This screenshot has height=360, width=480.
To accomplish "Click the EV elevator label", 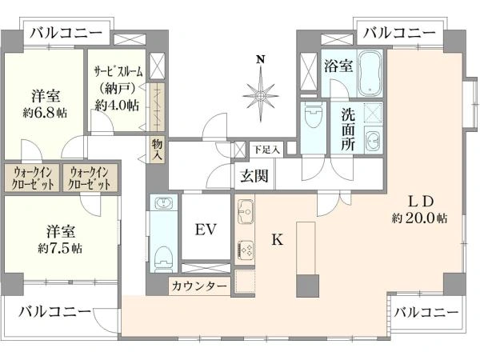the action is (x=206, y=230).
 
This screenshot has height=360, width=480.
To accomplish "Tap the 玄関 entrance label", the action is (x=254, y=176).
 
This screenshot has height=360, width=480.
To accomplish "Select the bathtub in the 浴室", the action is (x=370, y=74).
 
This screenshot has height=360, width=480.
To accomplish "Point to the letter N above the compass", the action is (x=261, y=59).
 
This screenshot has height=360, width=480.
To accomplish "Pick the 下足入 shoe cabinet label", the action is (x=266, y=150).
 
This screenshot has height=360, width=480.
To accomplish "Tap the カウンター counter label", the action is (x=199, y=286).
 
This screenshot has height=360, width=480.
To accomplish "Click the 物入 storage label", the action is (x=158, y=150).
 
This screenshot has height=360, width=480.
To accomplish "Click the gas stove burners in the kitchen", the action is (x=246, y=249).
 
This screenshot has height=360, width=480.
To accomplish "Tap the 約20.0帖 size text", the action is (x=419, y=218).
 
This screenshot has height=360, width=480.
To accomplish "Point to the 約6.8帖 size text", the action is (x=45, y=113).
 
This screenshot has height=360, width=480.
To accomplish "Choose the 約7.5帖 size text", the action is (x=60, y=248).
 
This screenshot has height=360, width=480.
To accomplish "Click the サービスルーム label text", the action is (x=118, y=72).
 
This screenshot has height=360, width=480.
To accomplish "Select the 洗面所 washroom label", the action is (x=348, y=129).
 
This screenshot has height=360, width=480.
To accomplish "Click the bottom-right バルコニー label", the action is (x=426, y=312).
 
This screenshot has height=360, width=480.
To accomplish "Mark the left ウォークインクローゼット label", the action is (x=32, y=178).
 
